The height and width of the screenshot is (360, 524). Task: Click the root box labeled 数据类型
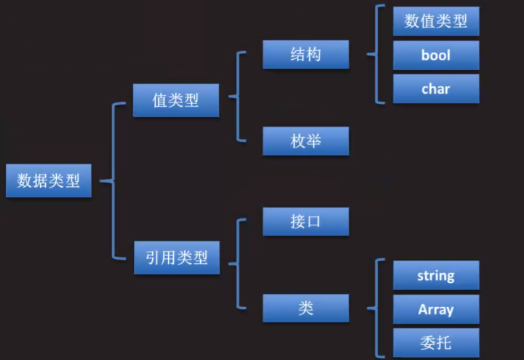click(x=49, y=180)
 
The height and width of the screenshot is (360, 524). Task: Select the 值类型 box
click(x=175, y=100)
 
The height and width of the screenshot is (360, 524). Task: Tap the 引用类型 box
click(x=175, y=257)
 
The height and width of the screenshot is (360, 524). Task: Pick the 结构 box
click(x=306, y=55)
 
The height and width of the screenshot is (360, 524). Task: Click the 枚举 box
click(x=306, y=141)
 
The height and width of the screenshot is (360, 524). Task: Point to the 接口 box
click(x=306, y=222)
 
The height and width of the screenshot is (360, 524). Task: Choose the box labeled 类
click(x=306, y=308)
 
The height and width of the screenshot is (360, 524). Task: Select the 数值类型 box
click(x=436, y=21)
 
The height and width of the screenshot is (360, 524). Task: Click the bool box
click(x=436, y=55)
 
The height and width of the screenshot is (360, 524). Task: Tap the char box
click(x=436, y=89)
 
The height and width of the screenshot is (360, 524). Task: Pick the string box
click(x=436, y=276)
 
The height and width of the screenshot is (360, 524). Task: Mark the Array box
click(x=436, y=309)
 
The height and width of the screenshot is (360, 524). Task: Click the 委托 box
click(x=436, y=343)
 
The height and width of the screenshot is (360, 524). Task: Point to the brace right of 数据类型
click(x=113, y=180)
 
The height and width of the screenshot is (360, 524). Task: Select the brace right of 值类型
click(x=238, y=96)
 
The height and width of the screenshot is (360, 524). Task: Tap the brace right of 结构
click(x=376, y=54)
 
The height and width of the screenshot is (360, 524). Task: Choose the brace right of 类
click(x=376, y=308)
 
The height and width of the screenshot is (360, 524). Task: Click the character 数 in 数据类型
click(x=25, y=180)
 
